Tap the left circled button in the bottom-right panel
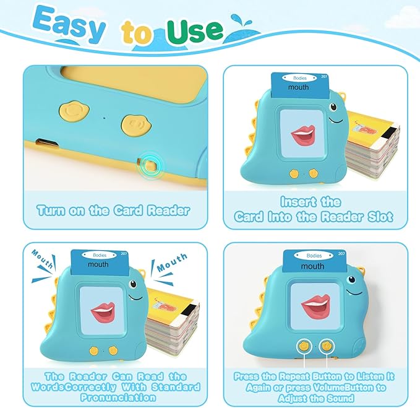point(305,346)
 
